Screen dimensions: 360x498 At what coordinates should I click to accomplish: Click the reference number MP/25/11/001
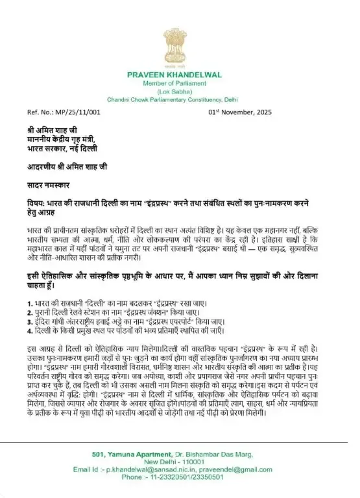(75, 111)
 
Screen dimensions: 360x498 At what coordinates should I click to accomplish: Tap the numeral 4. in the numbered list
(21, 330)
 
